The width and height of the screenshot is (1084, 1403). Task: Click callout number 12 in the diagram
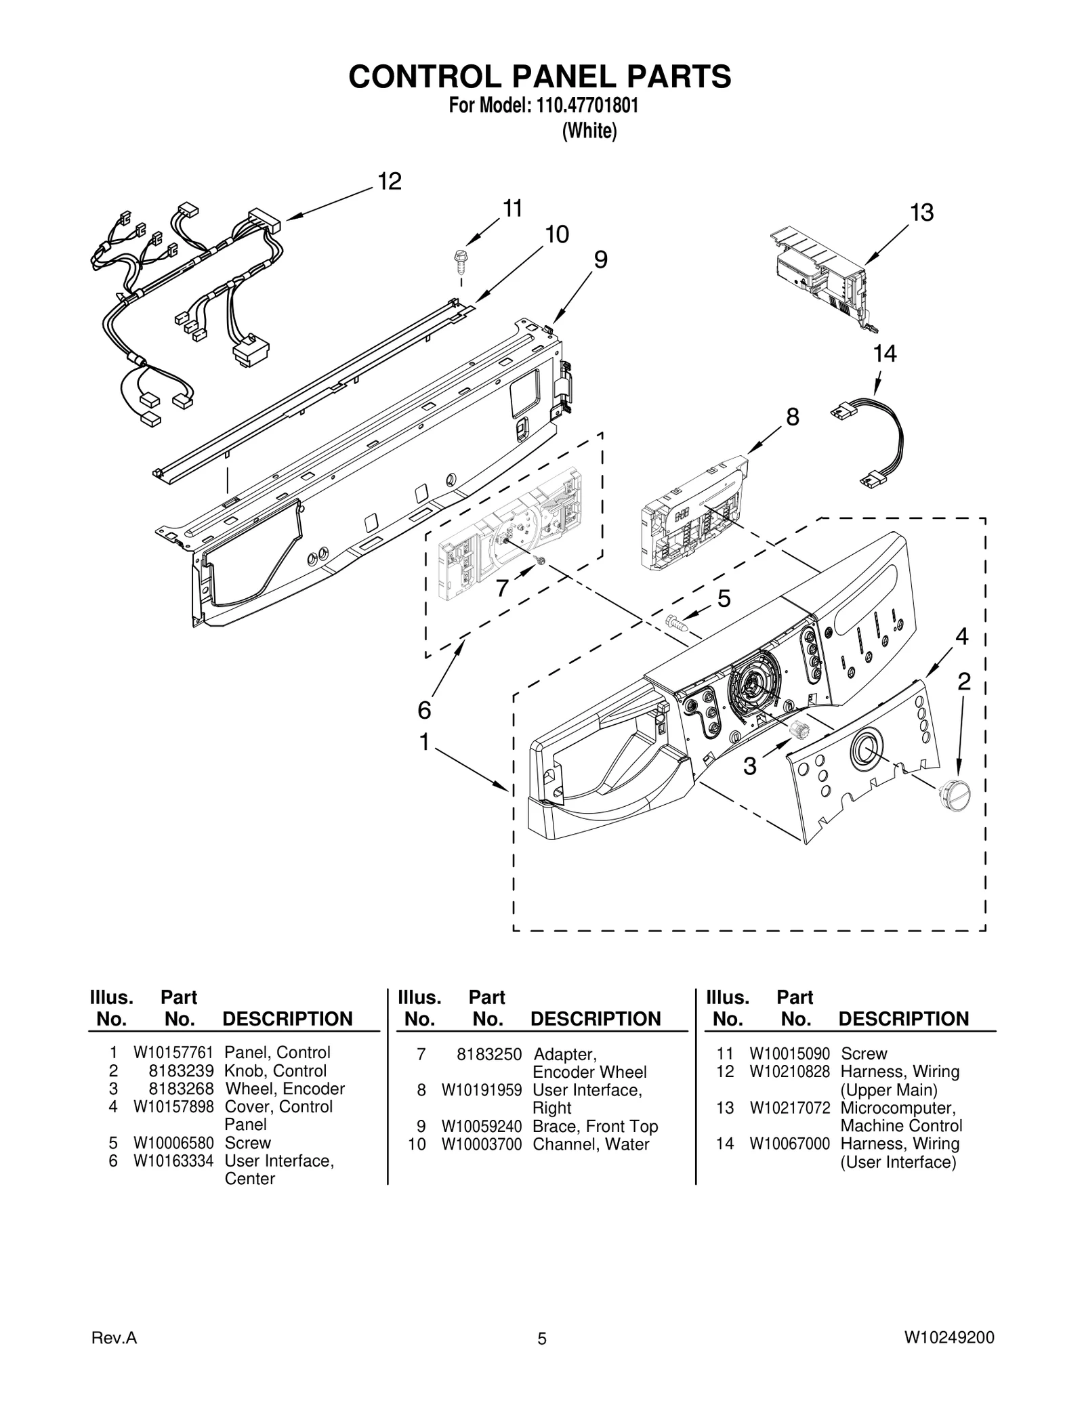(x=390, y=182)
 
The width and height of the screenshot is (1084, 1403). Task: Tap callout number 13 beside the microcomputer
(x=921, y=213)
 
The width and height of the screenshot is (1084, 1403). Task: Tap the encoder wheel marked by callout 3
(x=799, y=730)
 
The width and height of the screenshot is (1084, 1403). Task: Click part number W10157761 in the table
(x=173, y=1053)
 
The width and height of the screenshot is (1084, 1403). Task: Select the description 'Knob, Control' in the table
(x=276, y=1071)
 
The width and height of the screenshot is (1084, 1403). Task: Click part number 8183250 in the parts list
(x=489, y=1054)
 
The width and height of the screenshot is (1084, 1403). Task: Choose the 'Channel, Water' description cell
(x=591, y=1144)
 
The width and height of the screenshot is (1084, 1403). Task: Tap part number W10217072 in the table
(x=789, y=1108)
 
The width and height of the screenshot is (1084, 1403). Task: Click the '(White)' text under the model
(x=589, y=131)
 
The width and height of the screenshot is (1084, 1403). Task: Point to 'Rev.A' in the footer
(x=114, y=1338)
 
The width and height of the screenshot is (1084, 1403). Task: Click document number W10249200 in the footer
(x=949, y=1338)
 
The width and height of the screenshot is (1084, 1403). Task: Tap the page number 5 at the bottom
(x=541, y=1339)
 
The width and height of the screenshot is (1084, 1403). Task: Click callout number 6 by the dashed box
(x=424, y=710)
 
